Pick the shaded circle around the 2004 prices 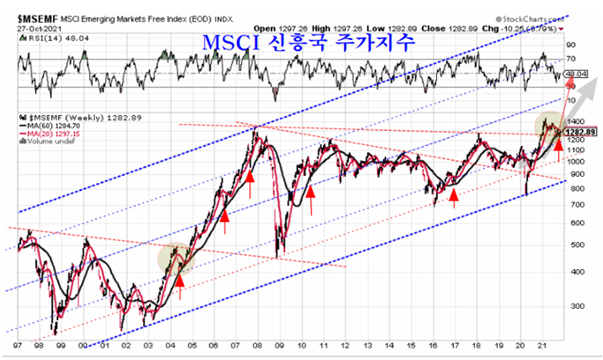click(175, 258)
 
